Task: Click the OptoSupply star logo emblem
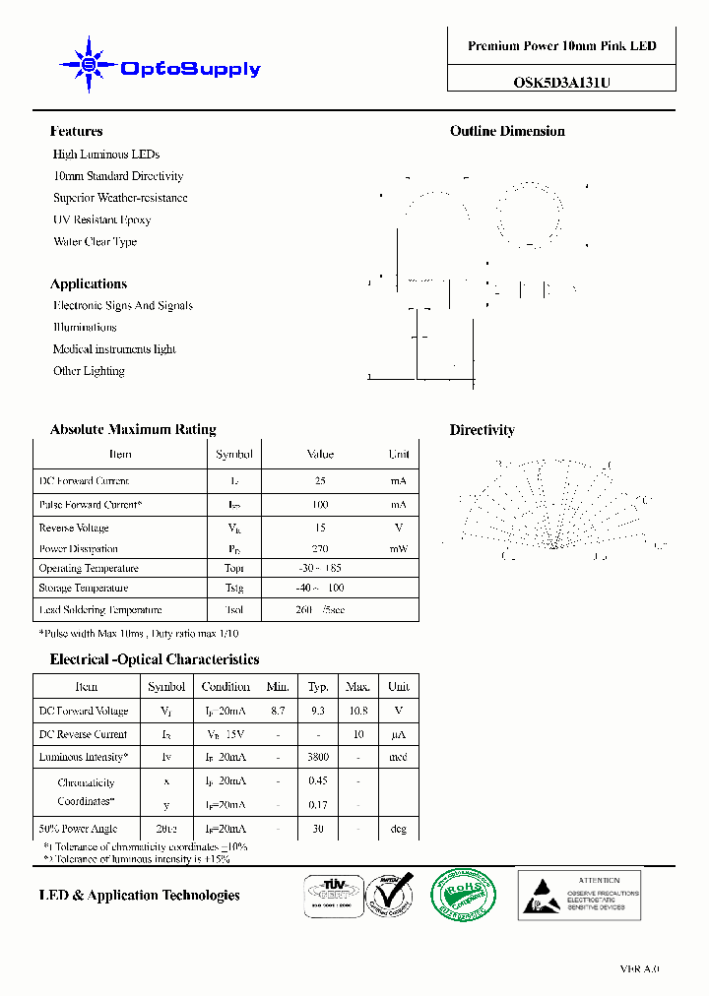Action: [x=89, y=65]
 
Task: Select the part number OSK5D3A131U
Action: [x=561, y=83]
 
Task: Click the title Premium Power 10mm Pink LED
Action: [x=561, y=46]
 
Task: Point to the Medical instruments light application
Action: [x=114, y=349]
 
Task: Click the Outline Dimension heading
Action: [x=507, y=131]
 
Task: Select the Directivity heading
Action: [x=482, y=430]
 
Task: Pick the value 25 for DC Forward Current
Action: [x=320, y=481]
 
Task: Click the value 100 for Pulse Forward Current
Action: [x=320, y=505]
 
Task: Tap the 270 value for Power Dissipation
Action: [x=320, y=549]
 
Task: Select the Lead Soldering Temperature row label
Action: [x=99, y=610]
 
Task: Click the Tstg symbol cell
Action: [x=233, y=589]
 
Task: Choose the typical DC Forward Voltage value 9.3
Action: [x=317, y=711]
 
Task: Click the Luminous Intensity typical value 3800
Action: [x=317, y=758]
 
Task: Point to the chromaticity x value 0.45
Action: [x=317, y=781]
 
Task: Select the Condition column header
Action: [x=226, y=687]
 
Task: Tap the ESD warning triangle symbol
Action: [x=540, y=895]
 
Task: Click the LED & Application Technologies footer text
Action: [x=139, y=896]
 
